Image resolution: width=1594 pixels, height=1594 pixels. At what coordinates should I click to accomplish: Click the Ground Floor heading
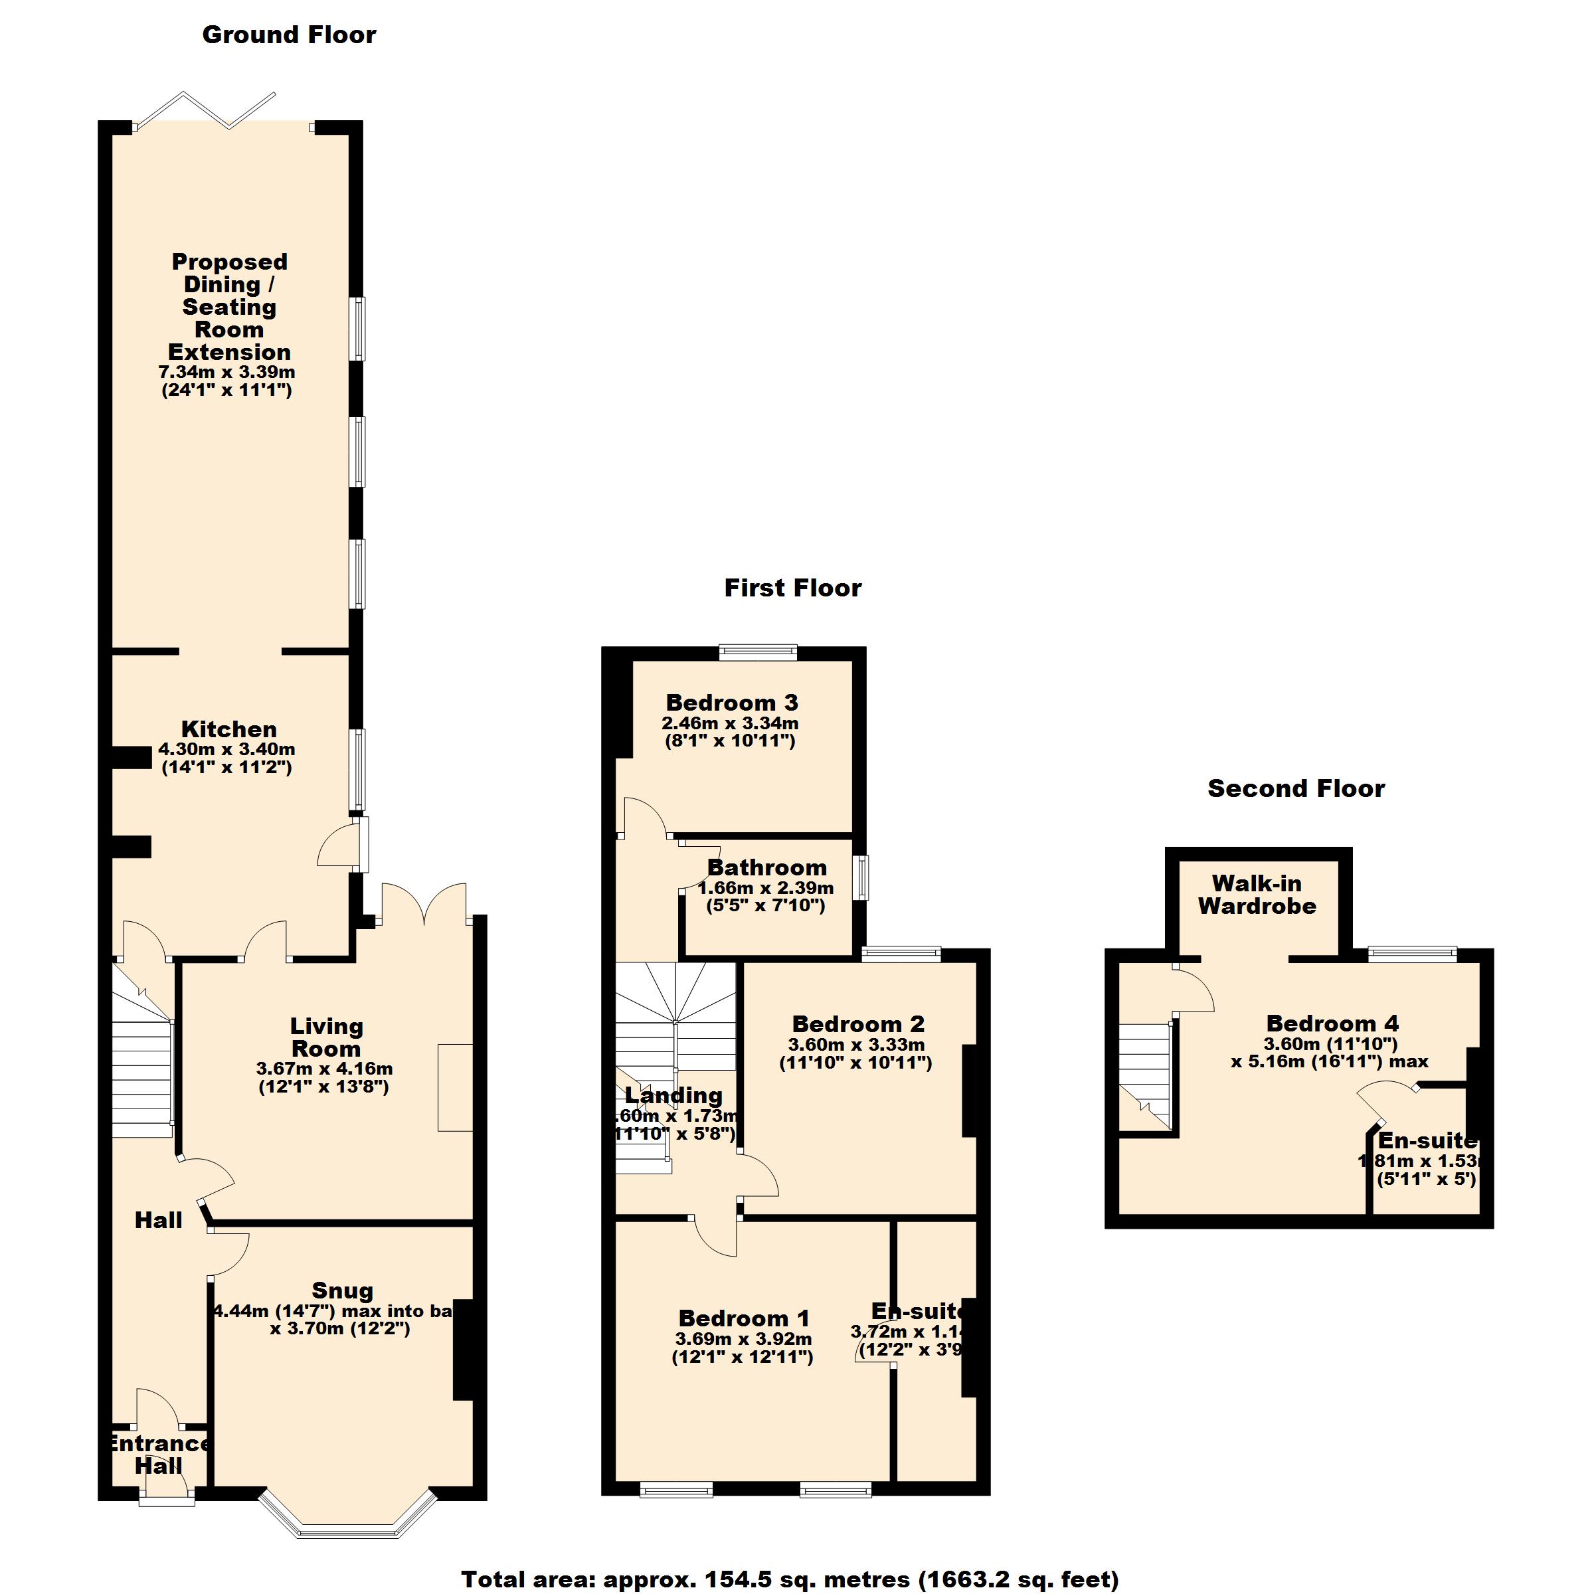(x=289, y=35)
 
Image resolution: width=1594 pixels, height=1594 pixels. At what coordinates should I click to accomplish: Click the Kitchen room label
(x=228, y=729)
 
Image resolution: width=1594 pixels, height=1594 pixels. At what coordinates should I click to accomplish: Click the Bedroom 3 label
(x=732, y=703)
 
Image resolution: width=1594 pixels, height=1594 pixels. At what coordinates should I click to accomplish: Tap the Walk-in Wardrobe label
(x=1257, y=895)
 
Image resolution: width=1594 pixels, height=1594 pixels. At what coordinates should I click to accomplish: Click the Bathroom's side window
(x=862, y=877)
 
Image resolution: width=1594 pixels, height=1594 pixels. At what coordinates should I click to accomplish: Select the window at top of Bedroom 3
(x=757, y=652)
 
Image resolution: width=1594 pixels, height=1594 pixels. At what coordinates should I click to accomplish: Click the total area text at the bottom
(x=790, y=1579)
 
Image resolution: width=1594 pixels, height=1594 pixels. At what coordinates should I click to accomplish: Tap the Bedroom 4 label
(x=1332, y=1024)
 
